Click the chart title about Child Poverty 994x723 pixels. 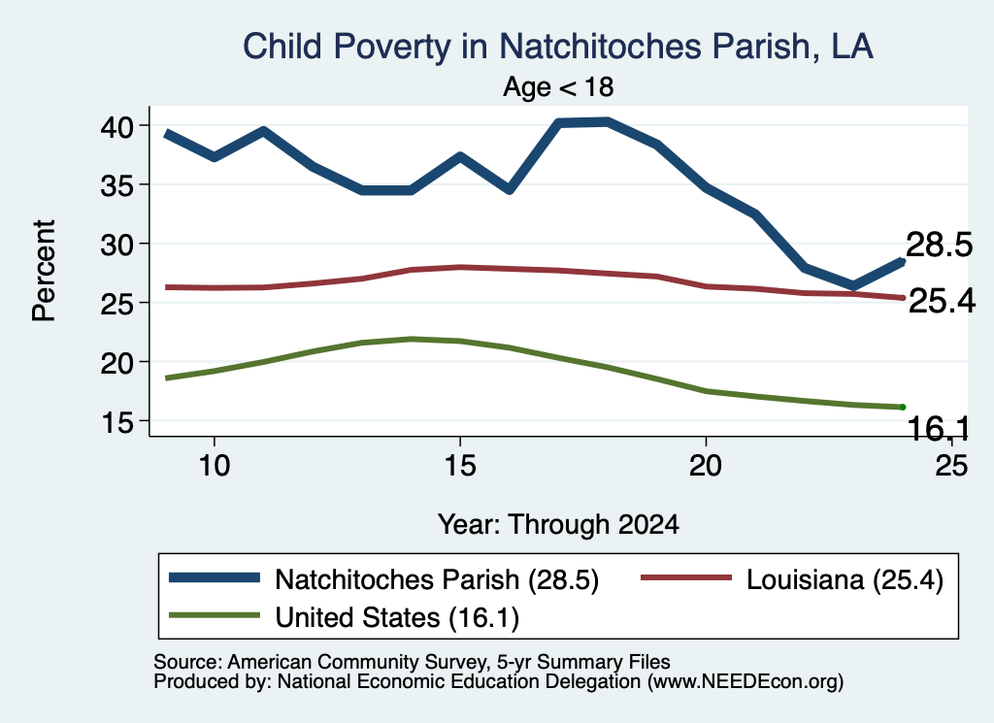pos(558,47)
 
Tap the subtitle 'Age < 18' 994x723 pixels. pos(558,86)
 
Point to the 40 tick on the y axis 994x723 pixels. pos(117,126)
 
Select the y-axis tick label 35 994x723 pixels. pos(117,185)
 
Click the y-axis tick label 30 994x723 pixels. pos(117,244)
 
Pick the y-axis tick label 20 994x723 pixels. pos(117,362)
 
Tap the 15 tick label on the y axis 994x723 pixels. pos(117,421)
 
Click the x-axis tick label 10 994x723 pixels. pos(215,466)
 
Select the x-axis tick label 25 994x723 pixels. pos(951,466)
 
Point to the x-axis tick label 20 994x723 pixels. pos(706,466)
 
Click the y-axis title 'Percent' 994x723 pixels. pos(45,271)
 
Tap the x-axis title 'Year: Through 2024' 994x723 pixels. pos(558,525)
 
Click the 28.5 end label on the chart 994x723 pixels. pos(939,245)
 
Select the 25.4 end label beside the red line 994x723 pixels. pos(942,301)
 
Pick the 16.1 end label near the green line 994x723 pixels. pos(939,429)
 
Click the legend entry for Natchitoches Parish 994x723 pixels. pos(383,579)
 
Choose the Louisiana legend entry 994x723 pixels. pos(792,579)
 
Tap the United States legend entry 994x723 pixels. pos(344,617)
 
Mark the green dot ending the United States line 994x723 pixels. pos(902,407)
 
